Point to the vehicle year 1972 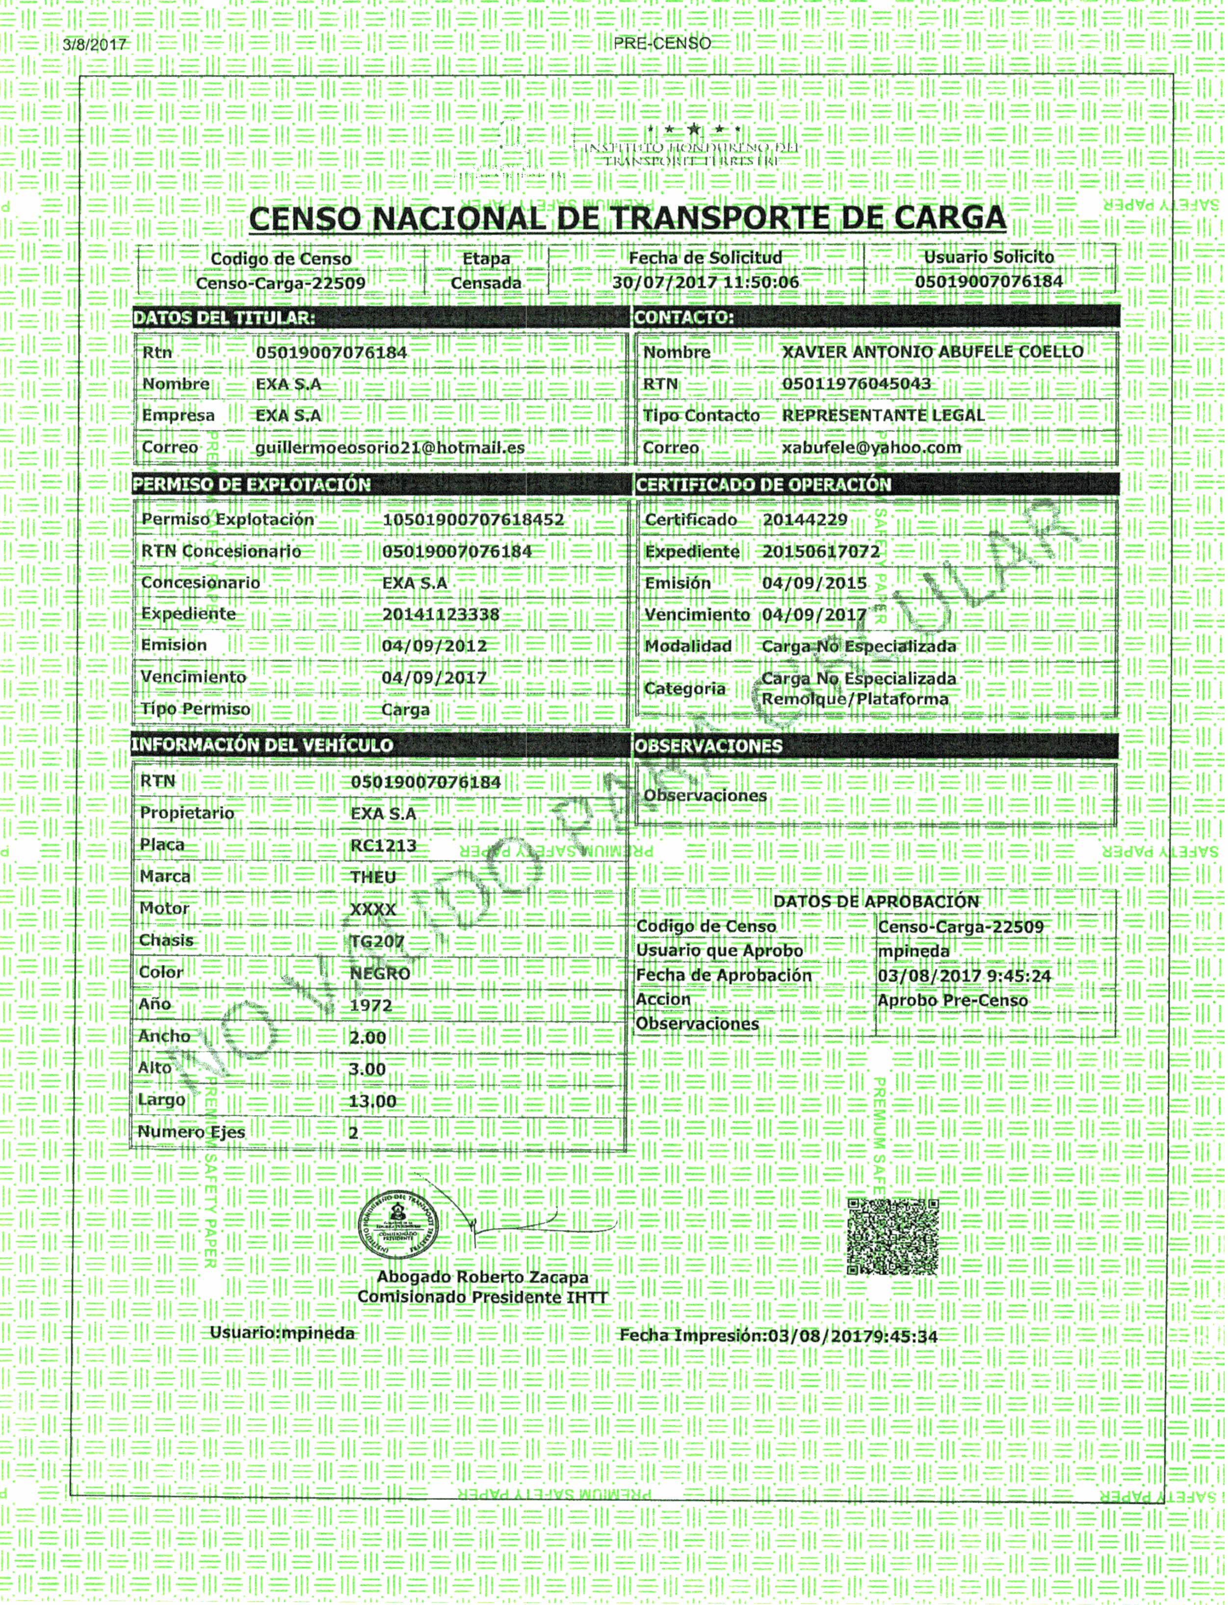(370, 1005)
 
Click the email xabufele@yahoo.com (871, 448)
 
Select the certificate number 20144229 (805, 520)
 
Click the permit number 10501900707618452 (473, 520)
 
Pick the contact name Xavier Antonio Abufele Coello (932, 352)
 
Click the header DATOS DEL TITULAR (224, 318)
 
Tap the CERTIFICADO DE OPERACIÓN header (763, 485)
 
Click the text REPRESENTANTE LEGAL (883, 415)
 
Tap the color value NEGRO (379, 973)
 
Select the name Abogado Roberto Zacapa (482, 1278)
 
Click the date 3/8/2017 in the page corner (96, 45)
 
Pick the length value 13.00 (372, 1101)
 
